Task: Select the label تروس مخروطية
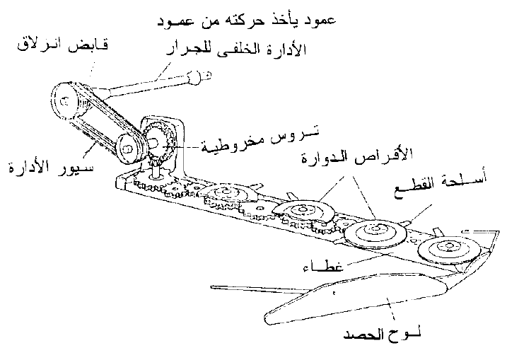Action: point(260,140)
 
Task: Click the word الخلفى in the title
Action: point(246,50)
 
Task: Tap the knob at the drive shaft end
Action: point(196,76)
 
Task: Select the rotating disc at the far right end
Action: point(449,249)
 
